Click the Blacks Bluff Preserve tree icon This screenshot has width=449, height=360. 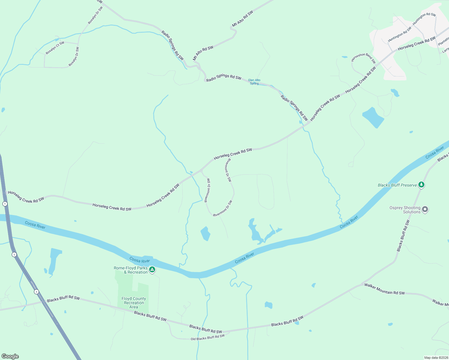(x=421, y=184)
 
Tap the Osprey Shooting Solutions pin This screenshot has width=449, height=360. (x=425, y=209)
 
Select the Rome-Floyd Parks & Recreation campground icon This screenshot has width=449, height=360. (x=152, y=270)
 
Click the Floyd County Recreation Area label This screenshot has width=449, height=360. (x=134, y=303)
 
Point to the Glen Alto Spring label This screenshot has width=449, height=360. (x=254, y=82)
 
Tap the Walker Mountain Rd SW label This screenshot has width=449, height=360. (x=384, y=289)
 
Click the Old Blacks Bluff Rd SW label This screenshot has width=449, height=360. (x=208, y=337)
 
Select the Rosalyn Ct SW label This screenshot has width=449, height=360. (x=55, y=48)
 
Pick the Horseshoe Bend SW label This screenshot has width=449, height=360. (x=363, y=58)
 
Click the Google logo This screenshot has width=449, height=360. (x=10, y=356)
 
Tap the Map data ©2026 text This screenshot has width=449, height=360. (x=436, y=358)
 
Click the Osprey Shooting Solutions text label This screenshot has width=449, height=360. (x=405, y=210)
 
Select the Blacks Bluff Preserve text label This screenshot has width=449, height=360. (x=397, y=185)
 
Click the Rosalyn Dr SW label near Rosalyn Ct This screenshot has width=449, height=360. (x=74, y=57)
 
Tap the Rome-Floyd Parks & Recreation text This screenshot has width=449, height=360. (x=131, y=270)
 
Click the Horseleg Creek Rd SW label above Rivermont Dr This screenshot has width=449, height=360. (x=233, y=154)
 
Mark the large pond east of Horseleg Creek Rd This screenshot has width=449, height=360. (x=373, y=117)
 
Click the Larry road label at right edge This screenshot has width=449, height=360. (x=446, y=50)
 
